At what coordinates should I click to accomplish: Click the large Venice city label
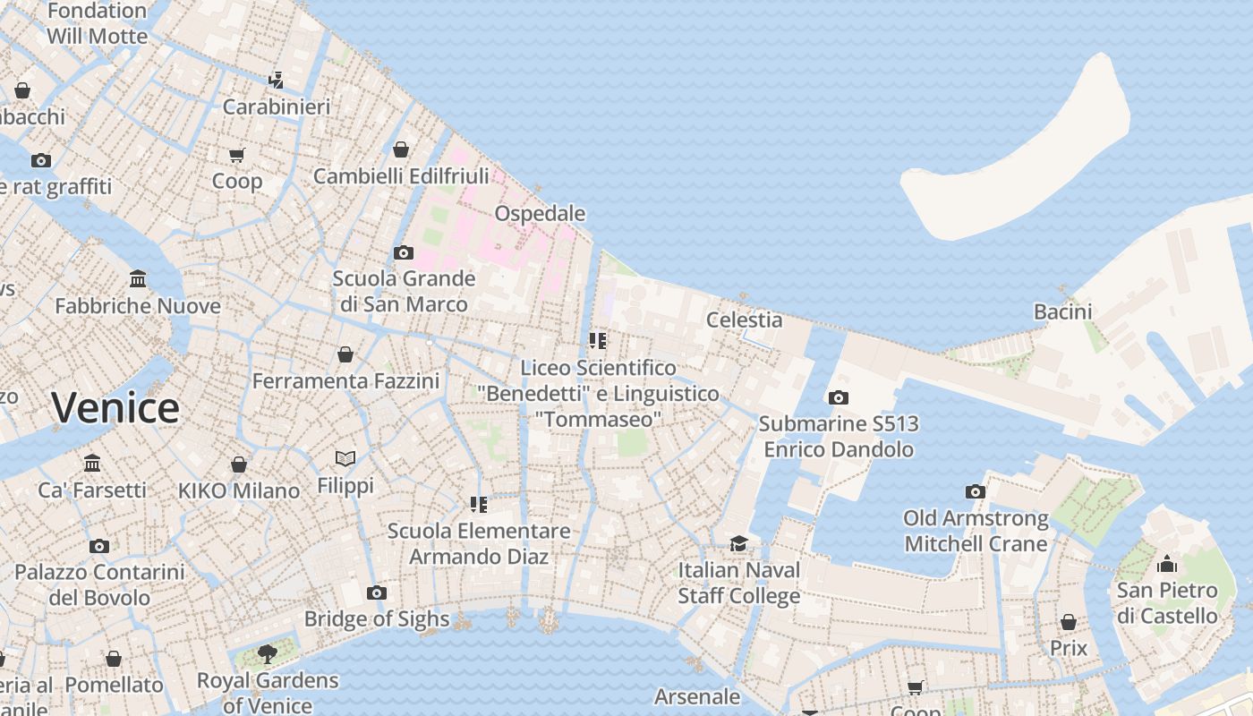(115, 408)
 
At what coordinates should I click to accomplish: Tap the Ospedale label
(540, 214)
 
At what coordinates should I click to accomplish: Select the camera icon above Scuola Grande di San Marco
(404, 252)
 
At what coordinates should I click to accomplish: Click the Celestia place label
(744, 320)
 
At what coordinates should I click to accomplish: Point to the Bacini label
(1062, 311)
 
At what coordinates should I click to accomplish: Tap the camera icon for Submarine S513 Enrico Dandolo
(838, 397)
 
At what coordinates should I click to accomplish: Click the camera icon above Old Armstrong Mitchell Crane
(975, 491)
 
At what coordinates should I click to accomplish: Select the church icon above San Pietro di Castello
(1166, 564)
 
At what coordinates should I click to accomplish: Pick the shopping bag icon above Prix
(1068, 621)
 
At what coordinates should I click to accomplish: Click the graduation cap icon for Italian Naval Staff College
(738, 543)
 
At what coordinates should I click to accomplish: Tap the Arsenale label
(697, 696)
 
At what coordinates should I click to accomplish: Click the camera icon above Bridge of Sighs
(377, 592)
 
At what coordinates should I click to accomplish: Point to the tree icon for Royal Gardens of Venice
(267, 653)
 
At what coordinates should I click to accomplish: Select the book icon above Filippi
(345, 459)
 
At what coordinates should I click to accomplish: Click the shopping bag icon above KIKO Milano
(239, 465)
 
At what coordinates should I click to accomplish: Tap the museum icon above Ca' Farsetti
(92, 463)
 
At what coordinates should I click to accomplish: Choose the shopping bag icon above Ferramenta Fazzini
(345, 354)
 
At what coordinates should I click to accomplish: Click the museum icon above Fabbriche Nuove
(138, 278)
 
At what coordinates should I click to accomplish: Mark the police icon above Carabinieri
(277, 80)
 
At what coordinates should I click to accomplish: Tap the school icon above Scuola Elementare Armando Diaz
(479, 505)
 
